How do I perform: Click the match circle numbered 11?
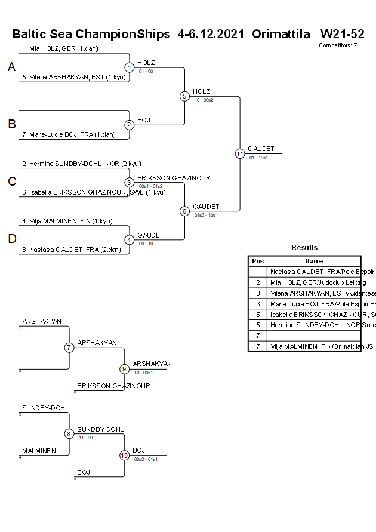(240, 153)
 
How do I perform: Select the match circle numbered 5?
(184, 96)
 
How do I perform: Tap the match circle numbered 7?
(69, 348)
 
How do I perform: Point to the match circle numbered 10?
(124, 455)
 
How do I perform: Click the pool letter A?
(11, 67)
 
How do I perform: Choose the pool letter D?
(11, 239)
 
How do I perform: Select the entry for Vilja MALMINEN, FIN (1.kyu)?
(67, 221)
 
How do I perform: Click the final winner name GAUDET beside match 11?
(261, 149)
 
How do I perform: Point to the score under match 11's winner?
(258, 158)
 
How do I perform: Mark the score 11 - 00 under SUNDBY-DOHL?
(85, 438)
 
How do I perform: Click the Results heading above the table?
(304, 248)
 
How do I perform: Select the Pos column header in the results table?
(258, 261)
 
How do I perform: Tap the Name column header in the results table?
(314, 261)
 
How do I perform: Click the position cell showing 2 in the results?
(258, 282)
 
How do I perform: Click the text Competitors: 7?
(338, 45)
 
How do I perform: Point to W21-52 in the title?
(342, 34)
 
